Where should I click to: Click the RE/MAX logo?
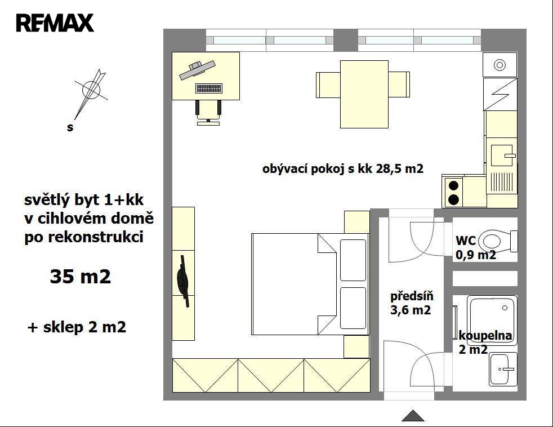pos(55,23)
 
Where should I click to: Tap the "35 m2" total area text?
pos(81,277)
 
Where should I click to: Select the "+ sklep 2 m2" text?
pos(77,327)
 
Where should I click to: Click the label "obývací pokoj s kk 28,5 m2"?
pos(343,169)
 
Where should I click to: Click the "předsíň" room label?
pos(412,296)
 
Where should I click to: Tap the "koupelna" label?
pos(485,335)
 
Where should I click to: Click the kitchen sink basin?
pos(502,155)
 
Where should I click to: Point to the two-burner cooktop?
pos(453,192)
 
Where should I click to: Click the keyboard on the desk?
pos(209,88)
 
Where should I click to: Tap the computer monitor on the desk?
pos(197,70)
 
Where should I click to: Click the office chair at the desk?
pos(208,112)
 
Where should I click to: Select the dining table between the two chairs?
pos(364,94)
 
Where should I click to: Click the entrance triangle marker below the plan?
pos(413,416)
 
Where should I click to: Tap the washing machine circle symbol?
pos(500,65)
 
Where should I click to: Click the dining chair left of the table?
pos(328,84)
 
